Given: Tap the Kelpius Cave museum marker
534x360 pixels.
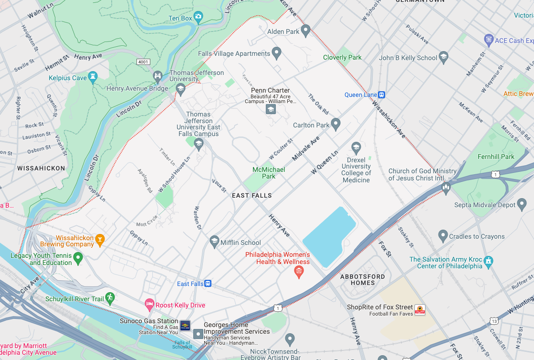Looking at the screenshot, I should click(x=93, y=76).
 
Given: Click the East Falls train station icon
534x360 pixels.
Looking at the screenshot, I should click(x=208, y=284).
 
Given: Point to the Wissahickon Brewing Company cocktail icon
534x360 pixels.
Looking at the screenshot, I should click(x=100, y=240).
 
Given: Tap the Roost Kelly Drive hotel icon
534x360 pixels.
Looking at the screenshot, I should click(x=150, y=304).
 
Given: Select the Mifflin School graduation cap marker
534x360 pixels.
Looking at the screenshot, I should click(x=214, y=242).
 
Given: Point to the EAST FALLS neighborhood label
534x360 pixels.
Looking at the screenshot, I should click(x=251, y=195).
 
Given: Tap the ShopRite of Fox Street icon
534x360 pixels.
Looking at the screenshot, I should click(x=419, y=309).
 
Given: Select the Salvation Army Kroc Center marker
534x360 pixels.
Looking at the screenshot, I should click(x=488, y=261).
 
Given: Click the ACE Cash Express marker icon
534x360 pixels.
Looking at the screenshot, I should click(x=488, y=40).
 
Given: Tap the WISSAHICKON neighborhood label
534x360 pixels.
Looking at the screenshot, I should click(x=41, y=168).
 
